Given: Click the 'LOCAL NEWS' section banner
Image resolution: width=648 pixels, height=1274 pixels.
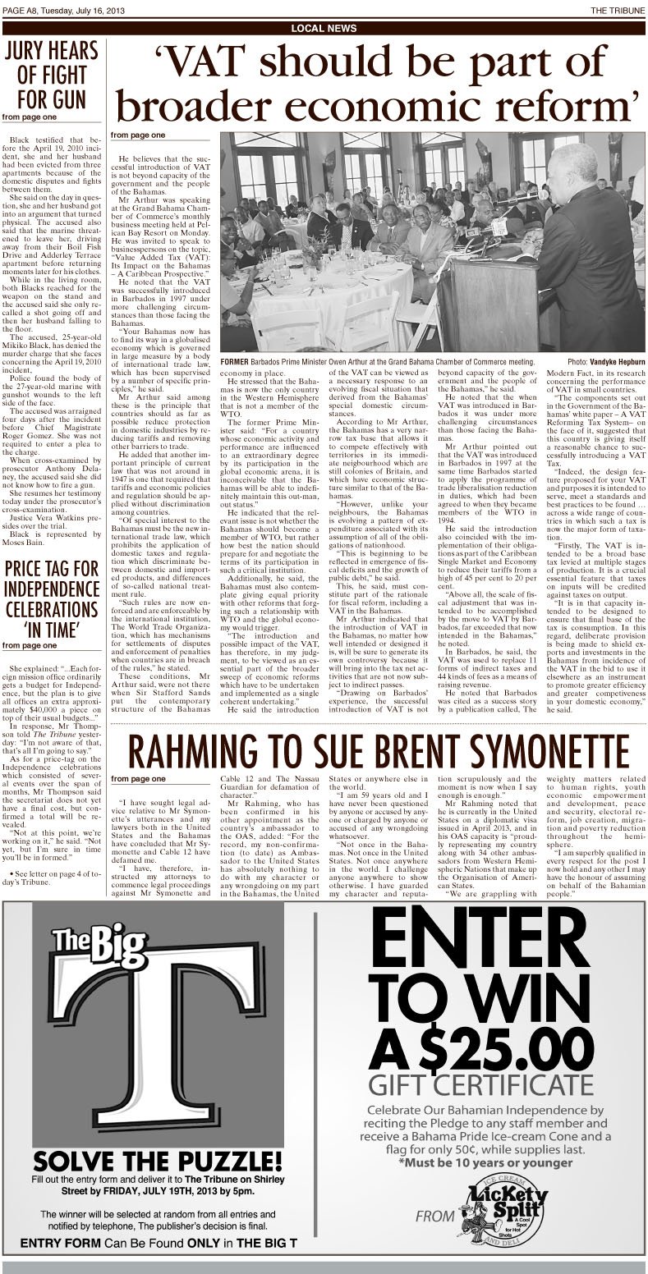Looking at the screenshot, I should (x=324, y=29).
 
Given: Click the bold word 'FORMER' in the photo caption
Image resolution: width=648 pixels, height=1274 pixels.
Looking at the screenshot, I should (x=240, y=362).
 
